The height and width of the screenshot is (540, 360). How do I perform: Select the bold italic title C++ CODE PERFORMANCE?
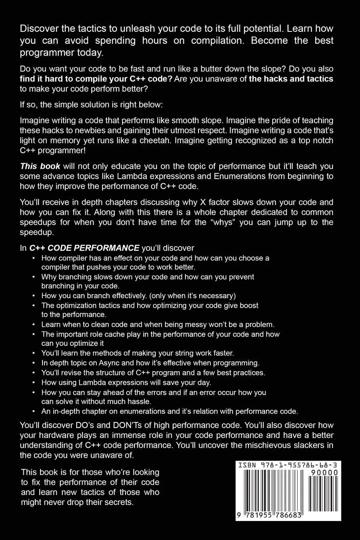coord(84,248)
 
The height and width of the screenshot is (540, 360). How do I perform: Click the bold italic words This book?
coord(40,166)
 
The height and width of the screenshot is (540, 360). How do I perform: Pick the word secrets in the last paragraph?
coord(119,502)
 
